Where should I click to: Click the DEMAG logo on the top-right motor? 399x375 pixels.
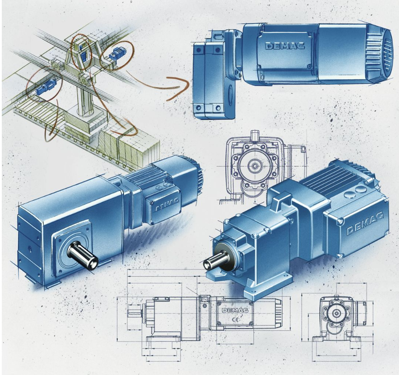[285, 46]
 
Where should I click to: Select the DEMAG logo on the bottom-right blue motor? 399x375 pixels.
[365, 224]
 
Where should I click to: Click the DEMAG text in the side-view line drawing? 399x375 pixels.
[235, 310]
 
